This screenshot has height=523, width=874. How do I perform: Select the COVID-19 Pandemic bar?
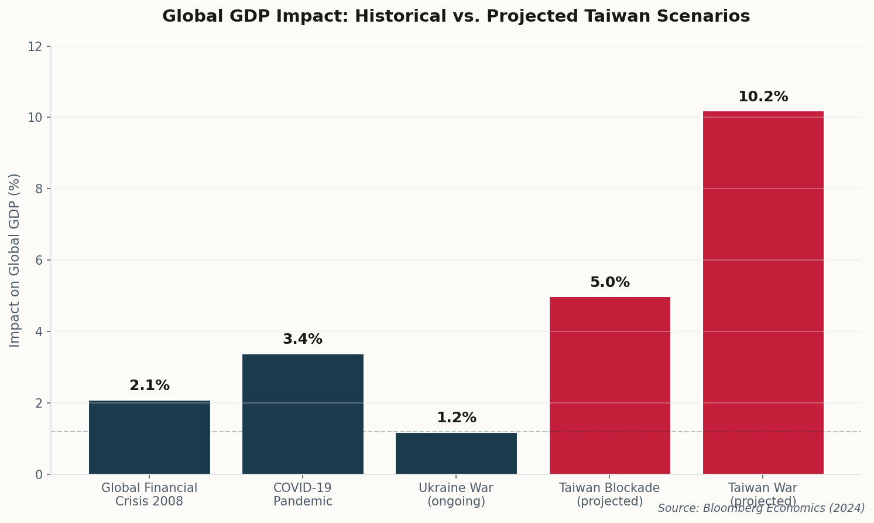pos(303,414)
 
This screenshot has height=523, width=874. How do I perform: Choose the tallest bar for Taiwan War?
pos(763,293)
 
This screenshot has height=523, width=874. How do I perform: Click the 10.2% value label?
pos(763,97)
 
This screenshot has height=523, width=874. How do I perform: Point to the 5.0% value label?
pos(609,283)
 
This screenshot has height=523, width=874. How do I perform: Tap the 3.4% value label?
pos(303,340)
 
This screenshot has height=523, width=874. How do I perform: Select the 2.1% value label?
pos(149,386)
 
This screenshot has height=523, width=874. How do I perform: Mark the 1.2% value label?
pos(456,418)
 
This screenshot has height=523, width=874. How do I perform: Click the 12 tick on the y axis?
pos(35,46)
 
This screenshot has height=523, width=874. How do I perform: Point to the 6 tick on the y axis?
pos(39,260)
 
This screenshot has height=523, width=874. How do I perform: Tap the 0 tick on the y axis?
pos(39,474)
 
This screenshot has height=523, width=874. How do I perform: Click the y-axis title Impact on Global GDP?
pos(15,260)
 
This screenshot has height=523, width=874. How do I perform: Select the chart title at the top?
pos(456,16)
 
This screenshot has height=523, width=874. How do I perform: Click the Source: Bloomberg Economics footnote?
pos(761,508)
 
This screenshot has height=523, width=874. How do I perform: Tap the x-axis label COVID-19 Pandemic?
pos(303,495)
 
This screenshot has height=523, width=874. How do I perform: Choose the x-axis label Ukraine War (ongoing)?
pos(456,495)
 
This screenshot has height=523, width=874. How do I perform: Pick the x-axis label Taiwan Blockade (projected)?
pos(609,495)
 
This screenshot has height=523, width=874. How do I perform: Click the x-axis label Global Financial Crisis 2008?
pos(149,495)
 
